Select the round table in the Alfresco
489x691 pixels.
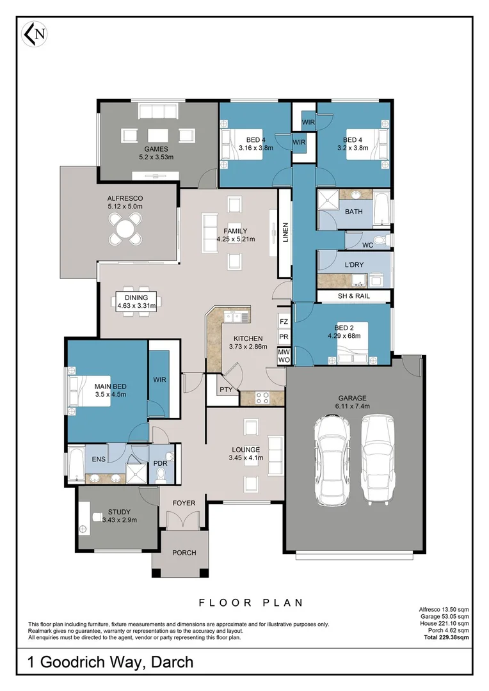pos(125,228)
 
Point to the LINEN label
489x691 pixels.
pos(285,232)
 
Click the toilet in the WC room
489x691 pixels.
pos(380,240)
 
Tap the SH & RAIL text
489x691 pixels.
pos(354,296)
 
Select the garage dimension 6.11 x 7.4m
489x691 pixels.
pos(353,406)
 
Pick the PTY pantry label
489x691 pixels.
pos(225,389)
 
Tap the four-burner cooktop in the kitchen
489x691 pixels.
pos(262,397)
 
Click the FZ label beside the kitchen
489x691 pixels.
pos(284,322)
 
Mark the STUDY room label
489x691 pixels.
pos(119,511)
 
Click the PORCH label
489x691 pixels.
pos(184,553)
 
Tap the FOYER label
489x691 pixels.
pos(184,503)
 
